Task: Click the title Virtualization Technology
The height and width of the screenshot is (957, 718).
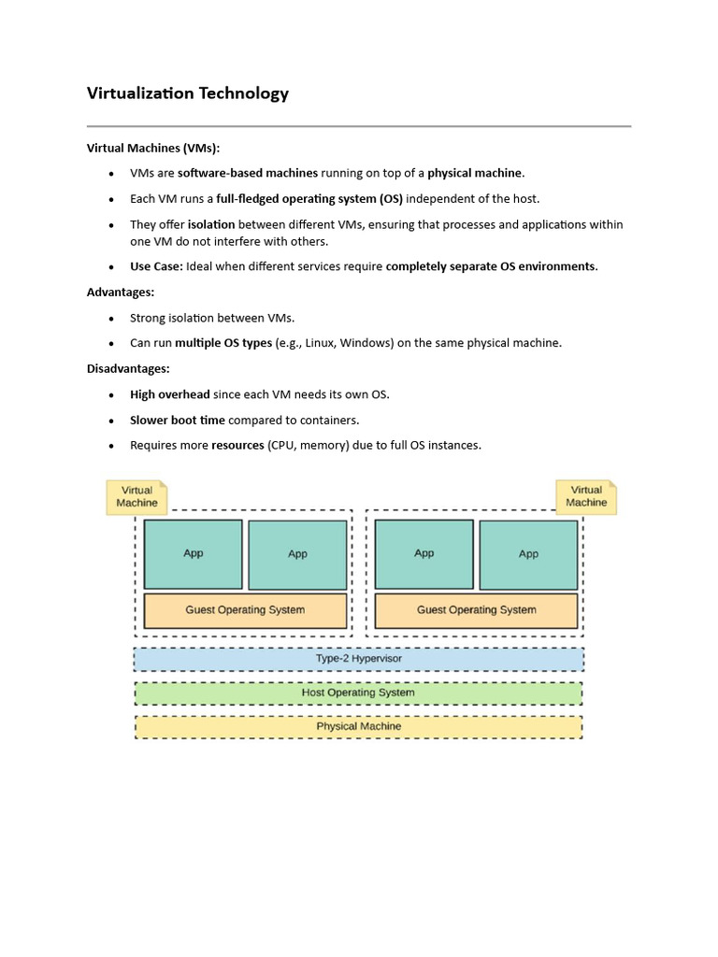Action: tap(188, 93)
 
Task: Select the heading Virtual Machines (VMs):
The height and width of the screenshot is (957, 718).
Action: tap(153, 148)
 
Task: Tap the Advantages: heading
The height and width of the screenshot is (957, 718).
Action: tap(121, 293)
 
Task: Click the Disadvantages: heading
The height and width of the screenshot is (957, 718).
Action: tap(128, 369)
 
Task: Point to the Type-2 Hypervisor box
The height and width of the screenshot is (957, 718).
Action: tap(358, 659)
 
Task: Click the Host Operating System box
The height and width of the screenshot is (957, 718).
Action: tap(358, 693)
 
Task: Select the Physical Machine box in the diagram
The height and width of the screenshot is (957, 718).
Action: tap(358, 727)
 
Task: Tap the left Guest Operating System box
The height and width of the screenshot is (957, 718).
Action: tap(245, 610)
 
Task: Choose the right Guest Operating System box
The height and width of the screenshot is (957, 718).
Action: tap(476, 610)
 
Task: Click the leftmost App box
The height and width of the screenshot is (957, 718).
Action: tap(194, 554)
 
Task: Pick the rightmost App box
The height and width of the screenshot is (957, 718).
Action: tap(528, 554)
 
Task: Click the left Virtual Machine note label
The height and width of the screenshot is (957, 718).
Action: tap(136, 496)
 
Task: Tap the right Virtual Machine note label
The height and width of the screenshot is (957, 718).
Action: tap(586, 496)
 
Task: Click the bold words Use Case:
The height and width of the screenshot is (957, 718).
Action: tap(156, 266)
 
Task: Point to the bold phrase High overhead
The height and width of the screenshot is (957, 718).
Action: tap(169, 394)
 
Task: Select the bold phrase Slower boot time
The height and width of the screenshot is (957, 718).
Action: tap(177, 421)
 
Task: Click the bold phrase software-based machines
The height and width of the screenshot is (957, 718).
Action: tap(248, 173)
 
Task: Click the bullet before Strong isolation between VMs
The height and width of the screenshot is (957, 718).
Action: tap(110, 319)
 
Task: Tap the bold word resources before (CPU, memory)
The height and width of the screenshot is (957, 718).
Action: tap(237, 446)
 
